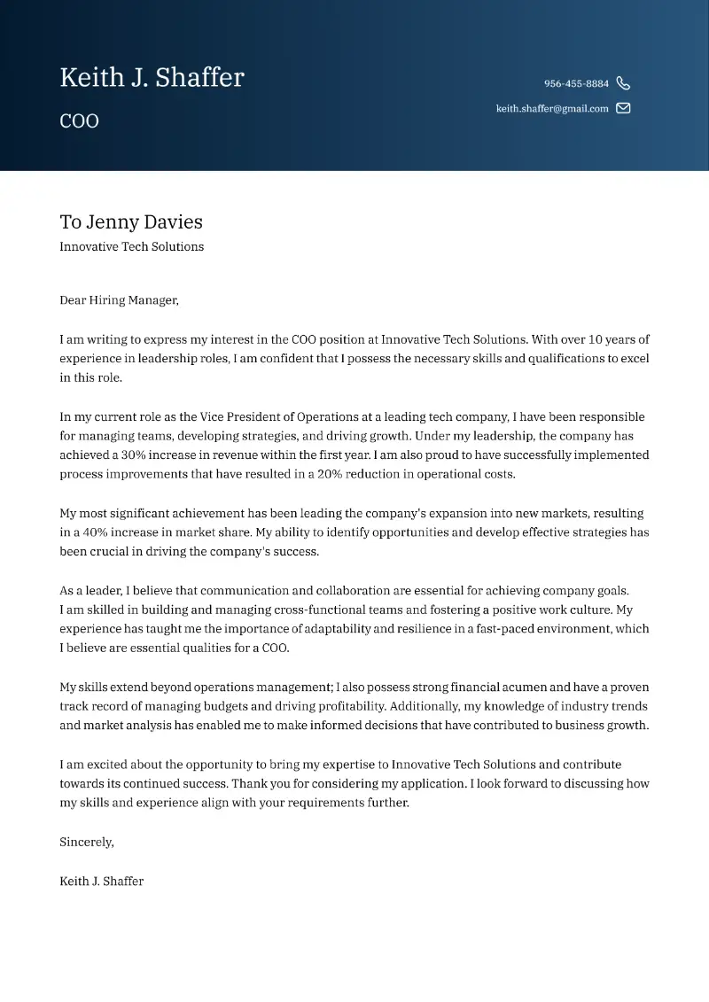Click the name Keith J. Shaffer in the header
coord(152,78)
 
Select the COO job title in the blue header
coord(79,121)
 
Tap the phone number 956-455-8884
coord(576,83)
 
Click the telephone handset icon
coord(623,83)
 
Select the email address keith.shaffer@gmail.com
coord(552,109)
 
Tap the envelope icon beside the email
coord(623,109)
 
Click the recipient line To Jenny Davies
coord(131,221)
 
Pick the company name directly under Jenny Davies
coord(131,247)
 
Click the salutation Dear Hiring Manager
coord(119,300)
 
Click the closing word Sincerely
coord(86,843)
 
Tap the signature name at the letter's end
coord(101,882)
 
